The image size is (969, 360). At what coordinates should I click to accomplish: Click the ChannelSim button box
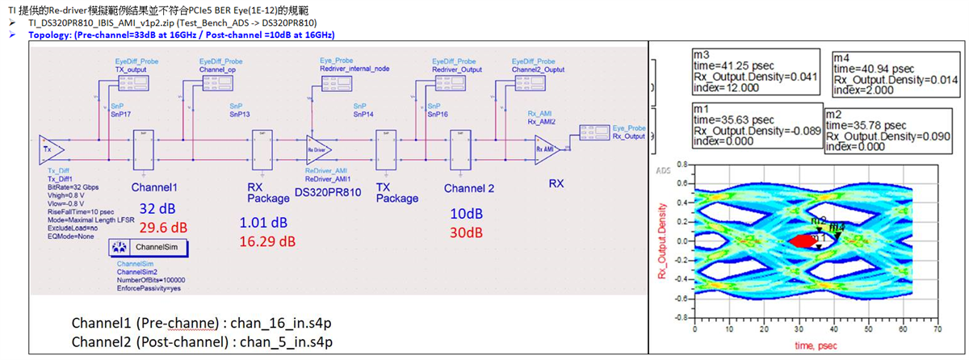click(149, 246)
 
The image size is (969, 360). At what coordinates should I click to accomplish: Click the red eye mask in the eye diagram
click(806, 240)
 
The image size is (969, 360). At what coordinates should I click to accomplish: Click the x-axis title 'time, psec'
click(812, 345)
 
